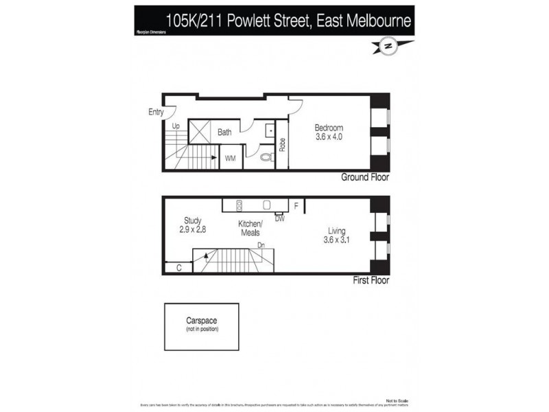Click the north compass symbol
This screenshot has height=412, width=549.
388,46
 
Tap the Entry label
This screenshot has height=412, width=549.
156,112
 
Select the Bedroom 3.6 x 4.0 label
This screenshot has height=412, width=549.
328,132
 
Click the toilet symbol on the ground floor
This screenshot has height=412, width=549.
267,157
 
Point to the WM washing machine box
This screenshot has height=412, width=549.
230,158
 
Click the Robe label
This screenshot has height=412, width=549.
282,146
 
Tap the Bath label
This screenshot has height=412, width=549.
224,133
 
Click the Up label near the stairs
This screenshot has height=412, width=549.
176,126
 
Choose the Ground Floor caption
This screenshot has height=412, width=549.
365,177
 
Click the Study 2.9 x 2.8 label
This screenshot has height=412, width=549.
192,225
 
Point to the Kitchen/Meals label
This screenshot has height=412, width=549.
250,229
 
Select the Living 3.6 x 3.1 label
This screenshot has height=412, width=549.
337,236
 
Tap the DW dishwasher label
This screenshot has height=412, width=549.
279,219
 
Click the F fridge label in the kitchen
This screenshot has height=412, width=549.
296,205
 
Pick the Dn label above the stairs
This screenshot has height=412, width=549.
261,244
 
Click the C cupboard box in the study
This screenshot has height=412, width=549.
179,268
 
